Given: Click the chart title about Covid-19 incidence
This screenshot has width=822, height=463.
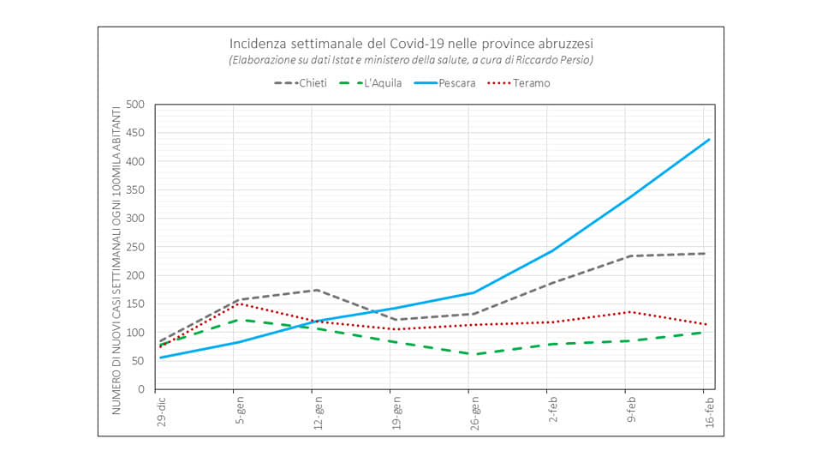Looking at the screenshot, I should tap(411, 43).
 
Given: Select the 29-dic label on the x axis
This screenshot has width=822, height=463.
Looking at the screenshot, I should tap(161, 411).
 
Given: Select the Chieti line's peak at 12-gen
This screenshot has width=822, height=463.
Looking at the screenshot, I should tap(316, 290).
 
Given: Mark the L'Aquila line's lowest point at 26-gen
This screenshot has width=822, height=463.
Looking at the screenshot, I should tap(473, 354).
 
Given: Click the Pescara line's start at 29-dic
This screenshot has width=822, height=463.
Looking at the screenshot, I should tap(160, 358).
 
